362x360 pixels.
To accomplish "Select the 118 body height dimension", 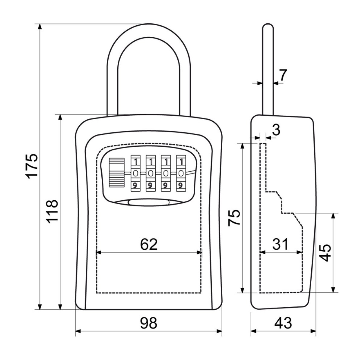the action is (x=52, y=211).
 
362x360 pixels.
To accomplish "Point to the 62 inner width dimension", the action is (x=149, y=244).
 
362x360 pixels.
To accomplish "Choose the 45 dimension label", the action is (x=325, y=253).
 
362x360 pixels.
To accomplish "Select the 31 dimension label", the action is (x=280, y=244).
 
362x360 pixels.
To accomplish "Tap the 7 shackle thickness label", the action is (x=283, y=75).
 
